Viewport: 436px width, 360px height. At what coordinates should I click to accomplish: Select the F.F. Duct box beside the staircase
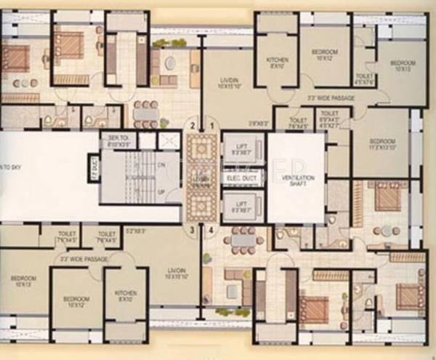pos(93,169)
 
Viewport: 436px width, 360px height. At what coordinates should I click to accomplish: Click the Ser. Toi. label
pos(118,140)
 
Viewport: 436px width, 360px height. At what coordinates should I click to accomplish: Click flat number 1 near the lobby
pos(211,126)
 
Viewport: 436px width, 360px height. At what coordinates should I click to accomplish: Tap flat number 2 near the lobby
pos(192,126)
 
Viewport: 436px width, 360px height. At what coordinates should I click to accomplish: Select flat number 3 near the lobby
pos(192,231)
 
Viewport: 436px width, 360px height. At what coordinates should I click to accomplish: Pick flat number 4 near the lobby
pos(211,231)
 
